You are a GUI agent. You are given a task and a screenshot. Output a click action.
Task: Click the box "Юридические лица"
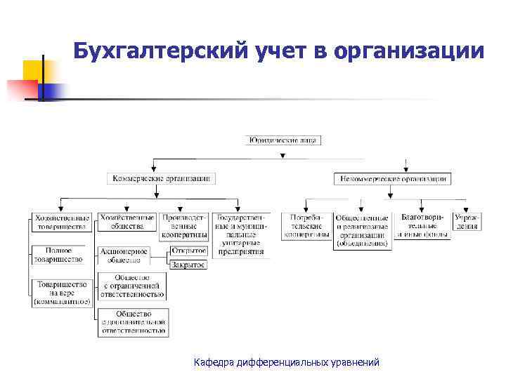click(283, 140)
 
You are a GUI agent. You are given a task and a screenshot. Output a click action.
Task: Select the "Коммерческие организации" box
click(161, 178)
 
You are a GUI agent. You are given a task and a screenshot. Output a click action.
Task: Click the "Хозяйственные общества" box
click(127, 222)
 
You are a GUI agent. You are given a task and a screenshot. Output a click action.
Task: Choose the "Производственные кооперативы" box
click(184, 227)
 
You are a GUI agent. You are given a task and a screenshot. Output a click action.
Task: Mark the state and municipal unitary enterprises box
click(241, 234)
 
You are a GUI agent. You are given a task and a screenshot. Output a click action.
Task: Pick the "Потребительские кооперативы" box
click(307, 227)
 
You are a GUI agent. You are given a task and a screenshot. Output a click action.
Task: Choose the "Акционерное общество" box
click(124, 255)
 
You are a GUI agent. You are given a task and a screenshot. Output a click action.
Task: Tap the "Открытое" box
click(188, 251)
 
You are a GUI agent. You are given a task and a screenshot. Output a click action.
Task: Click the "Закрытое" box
click(188, 265)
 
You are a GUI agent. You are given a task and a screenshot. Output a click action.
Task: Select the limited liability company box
click(133, 286)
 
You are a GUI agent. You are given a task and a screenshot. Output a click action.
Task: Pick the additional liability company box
click(133, 322)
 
